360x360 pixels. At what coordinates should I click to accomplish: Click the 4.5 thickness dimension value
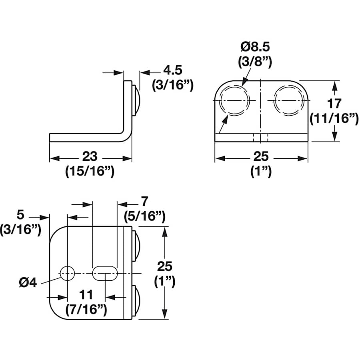(x=172, y=70)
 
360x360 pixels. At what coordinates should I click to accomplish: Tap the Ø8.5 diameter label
(x=255, y=47)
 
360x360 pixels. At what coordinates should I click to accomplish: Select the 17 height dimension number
(x=334, y=103)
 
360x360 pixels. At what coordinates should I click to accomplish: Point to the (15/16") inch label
(x=90, y=171)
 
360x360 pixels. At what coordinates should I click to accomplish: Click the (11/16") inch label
(x=334, y=118)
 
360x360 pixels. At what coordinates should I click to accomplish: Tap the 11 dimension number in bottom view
(x=86, y=295)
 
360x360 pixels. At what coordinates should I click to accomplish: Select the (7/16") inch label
(x=86, y=310)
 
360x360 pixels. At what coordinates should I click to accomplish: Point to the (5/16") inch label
(x=144, y=216)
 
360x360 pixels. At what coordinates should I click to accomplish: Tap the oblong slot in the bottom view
(x=105, y=273)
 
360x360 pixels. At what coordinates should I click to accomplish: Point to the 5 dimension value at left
(x=21, y=215)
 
